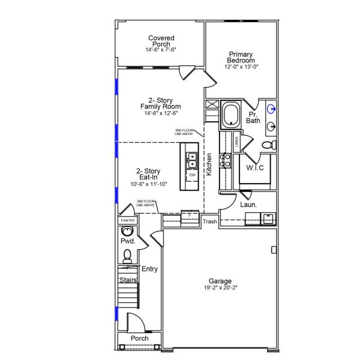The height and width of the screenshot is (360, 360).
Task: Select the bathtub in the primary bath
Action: (x=230, y=116)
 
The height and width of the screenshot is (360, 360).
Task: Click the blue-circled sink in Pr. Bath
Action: (x=271, y=109)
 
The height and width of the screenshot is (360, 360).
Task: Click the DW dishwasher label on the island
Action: (x=192, y=175)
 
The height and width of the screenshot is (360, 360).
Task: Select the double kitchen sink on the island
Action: (x=193, y=160)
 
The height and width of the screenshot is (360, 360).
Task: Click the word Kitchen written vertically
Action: (x=209, y=164)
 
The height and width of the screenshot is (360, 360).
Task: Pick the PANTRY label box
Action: (x=128, y=220)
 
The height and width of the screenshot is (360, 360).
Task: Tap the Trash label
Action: (x=209, y=221)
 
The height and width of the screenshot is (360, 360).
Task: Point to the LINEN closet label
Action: (x=237, y=142)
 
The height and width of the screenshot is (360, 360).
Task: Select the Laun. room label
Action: (x=248, y=205)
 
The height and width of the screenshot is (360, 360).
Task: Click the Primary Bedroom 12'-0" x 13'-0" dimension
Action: (x=242, y=67)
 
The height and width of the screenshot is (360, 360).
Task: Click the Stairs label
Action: (x=128, y=280)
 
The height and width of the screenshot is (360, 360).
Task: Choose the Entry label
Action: (x=149, y=269)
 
